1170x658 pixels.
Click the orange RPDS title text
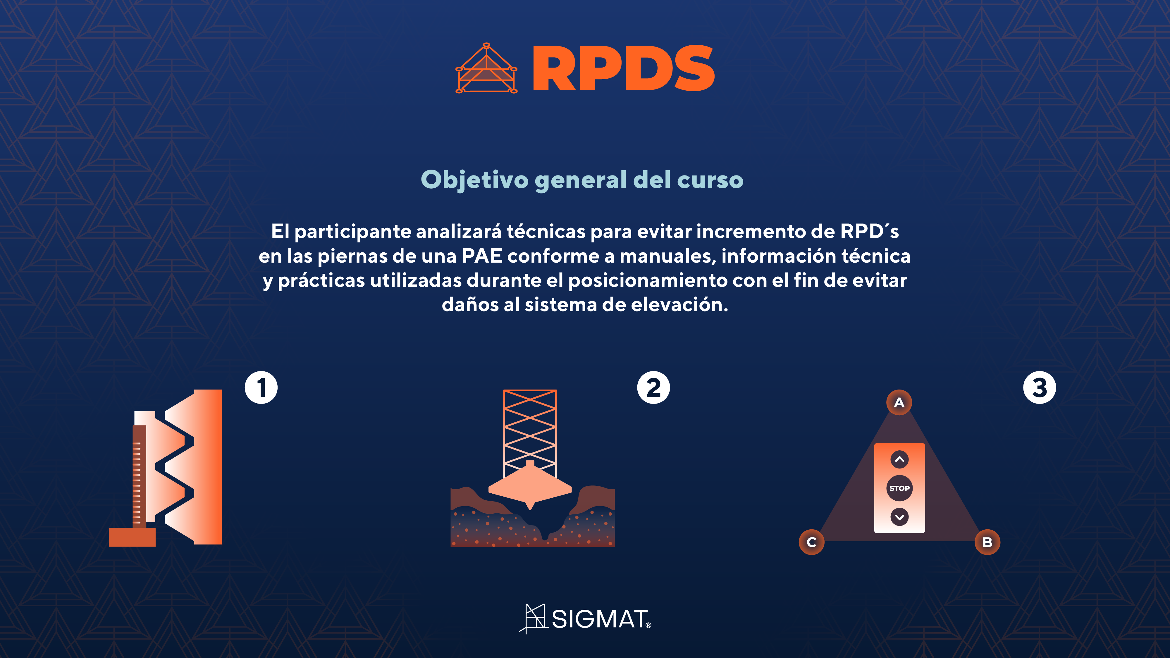point(623,68)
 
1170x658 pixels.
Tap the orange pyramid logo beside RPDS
point(486,68)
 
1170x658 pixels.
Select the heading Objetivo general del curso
point(582,180)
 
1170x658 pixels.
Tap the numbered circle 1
point(261,388)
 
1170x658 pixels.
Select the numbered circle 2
point(653,388)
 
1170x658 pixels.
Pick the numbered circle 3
point(1040,388)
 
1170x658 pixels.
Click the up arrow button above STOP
point(899,459)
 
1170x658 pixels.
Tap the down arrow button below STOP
point(899,517)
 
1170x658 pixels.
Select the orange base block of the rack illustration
point(132,537)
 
